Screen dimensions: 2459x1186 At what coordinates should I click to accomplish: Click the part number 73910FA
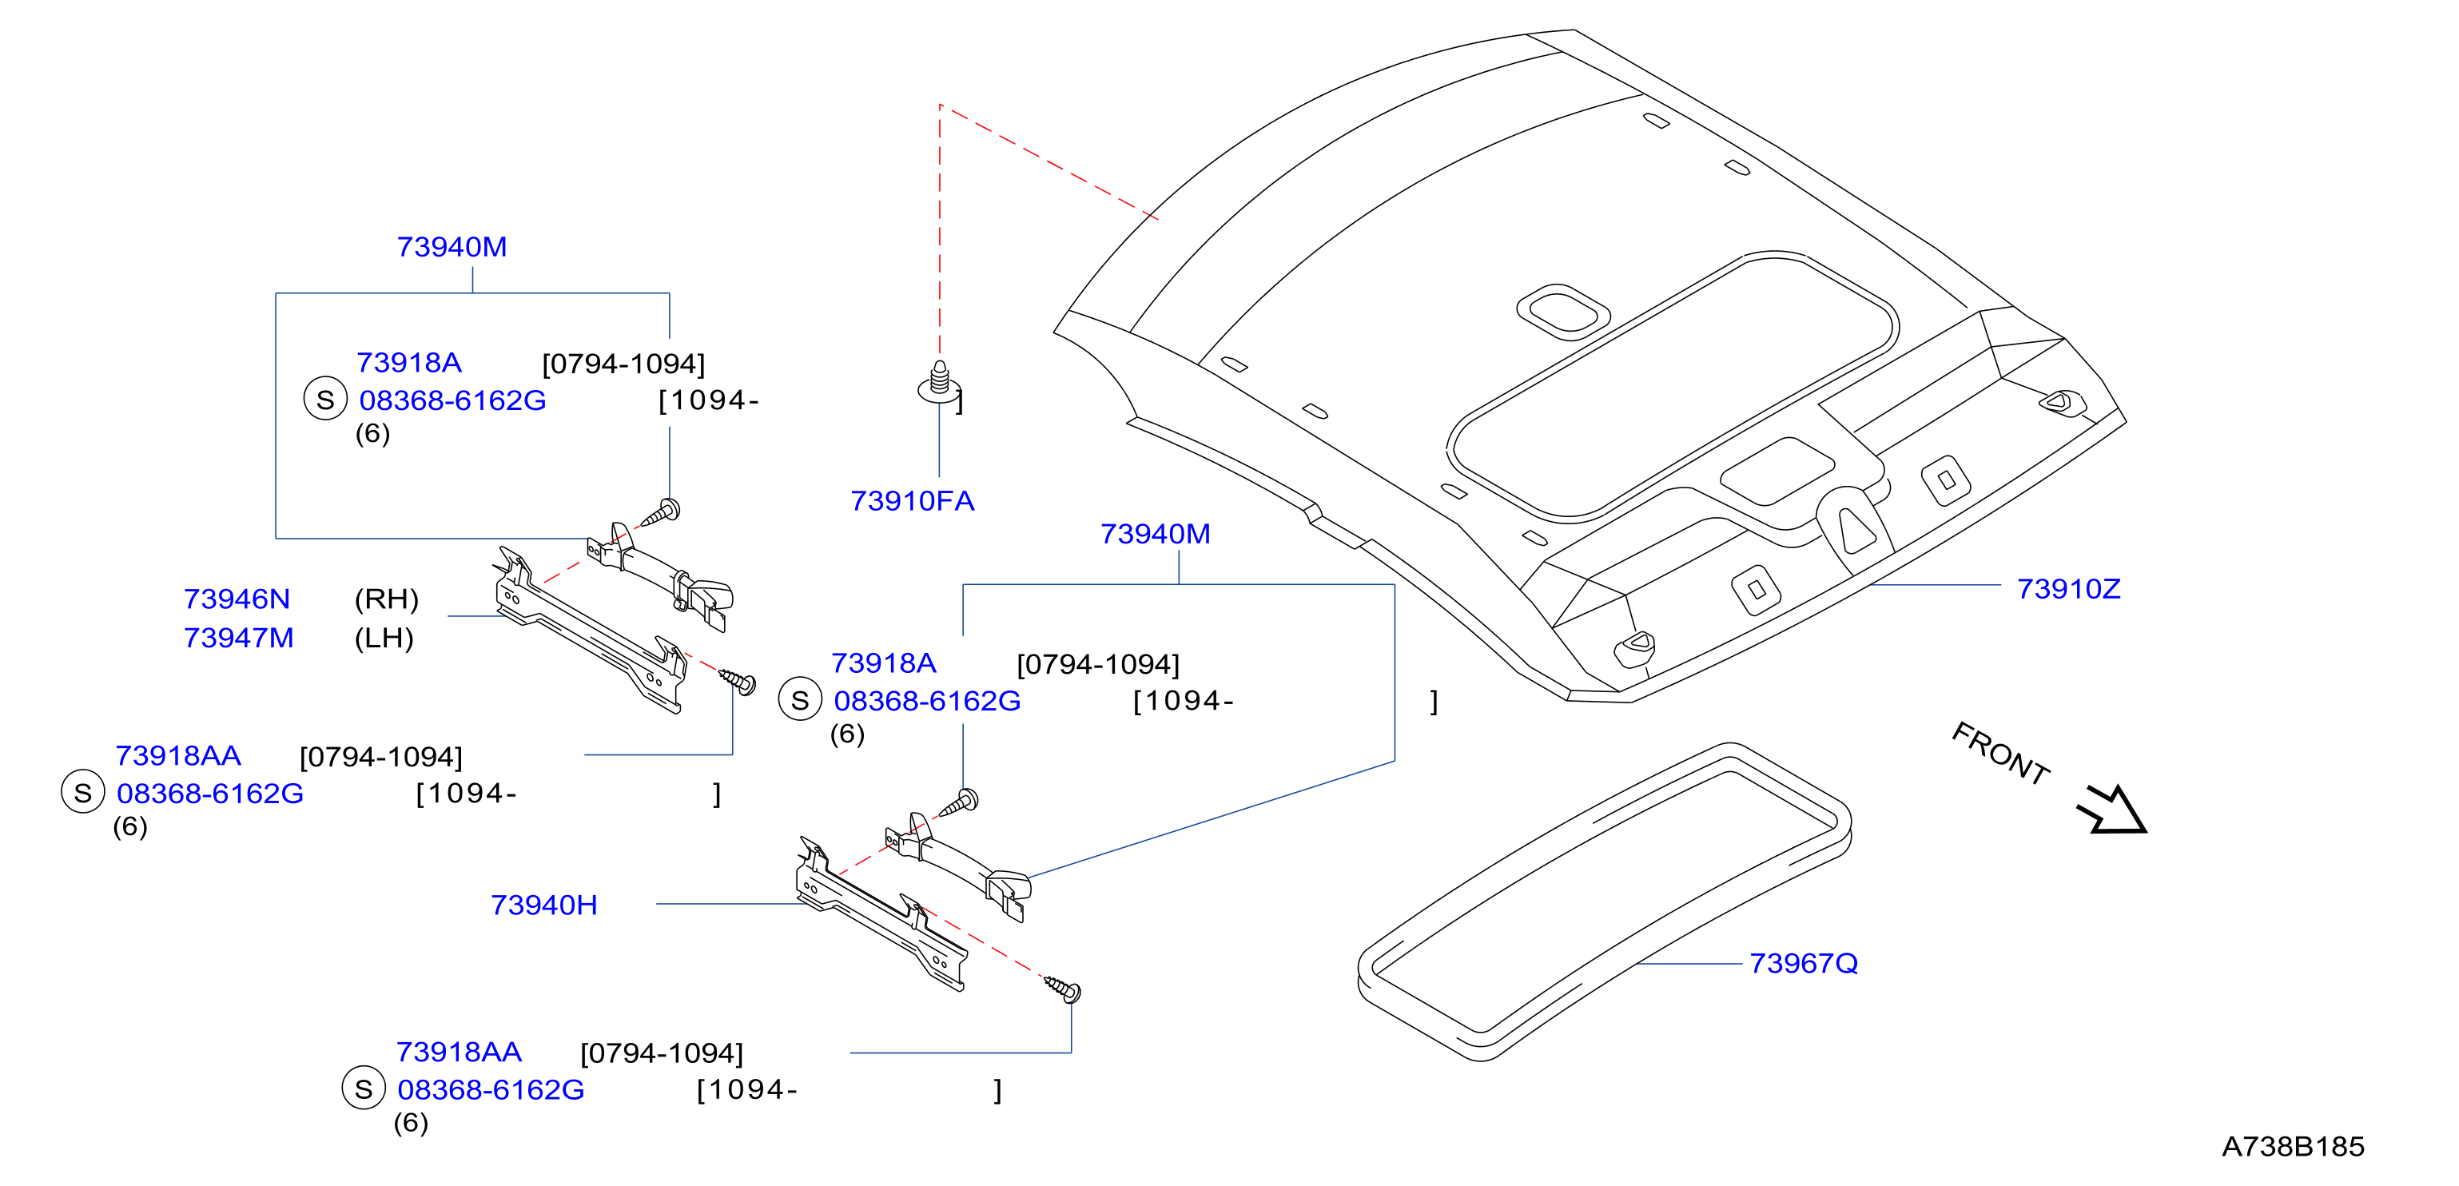point(912,500)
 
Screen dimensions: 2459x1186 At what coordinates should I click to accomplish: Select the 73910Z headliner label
point(2067,588)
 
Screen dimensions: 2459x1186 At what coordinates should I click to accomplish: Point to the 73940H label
point(544,905)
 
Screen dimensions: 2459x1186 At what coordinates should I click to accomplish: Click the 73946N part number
point(237,599)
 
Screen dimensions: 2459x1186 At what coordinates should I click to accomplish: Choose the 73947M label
point(239,637)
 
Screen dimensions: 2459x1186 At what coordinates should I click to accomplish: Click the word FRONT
point(1999,754)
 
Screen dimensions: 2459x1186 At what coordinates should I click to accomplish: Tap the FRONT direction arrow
point(2111,810)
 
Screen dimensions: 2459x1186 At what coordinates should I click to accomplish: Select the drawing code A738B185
point(2293,1146)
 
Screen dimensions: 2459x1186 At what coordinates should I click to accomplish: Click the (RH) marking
point(387,599)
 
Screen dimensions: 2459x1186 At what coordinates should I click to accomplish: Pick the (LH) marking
point(384,637)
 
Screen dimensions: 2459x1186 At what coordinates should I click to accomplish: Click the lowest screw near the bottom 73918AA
point(1062,987)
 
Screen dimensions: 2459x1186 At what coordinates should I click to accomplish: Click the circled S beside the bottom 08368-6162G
point(364,1088)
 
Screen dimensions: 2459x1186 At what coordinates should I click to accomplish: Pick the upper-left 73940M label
point(452,246)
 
